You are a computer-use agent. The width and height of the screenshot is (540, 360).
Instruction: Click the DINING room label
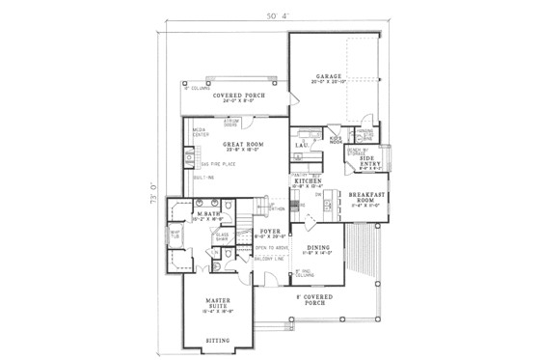click(x=317, y=248)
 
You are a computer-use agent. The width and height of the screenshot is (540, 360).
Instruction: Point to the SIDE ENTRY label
click(x=370, y=164)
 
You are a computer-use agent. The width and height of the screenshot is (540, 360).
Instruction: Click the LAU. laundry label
click(x=301, y=145)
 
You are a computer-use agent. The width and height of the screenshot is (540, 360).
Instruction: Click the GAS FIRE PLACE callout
click(x=203, y=164)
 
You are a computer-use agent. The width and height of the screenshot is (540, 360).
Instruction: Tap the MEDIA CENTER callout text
click(x=201, y=133)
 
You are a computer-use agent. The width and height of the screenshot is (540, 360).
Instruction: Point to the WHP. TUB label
click(x=176, y=232)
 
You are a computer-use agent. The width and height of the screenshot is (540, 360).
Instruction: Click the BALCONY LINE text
click(x=267, y=258)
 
